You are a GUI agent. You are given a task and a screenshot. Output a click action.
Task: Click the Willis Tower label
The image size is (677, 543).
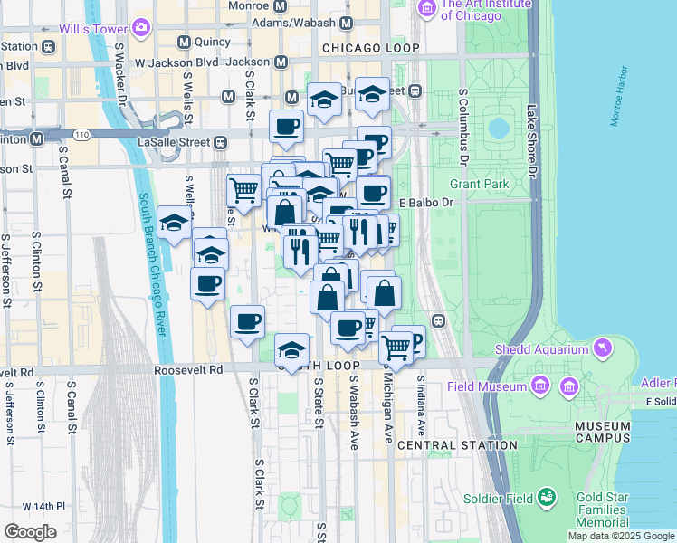click(92, 28)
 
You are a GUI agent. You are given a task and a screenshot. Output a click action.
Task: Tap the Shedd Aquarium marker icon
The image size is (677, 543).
click(601, 348)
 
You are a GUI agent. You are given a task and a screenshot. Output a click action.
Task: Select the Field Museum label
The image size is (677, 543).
click(487, 386)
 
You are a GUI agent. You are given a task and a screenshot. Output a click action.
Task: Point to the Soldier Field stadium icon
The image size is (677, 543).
click(546, 497)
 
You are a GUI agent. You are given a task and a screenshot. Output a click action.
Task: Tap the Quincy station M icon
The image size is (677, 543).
click(184, 42)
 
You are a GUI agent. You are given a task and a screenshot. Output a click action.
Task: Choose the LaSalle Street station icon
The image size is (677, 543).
click(220, 142)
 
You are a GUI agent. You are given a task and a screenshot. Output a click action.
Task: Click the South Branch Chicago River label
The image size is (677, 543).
click(153, 263)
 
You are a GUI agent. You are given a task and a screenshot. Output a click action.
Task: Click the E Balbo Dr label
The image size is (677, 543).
click(424, 202)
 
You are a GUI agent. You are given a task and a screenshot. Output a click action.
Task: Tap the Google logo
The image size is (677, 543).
click(30, 531)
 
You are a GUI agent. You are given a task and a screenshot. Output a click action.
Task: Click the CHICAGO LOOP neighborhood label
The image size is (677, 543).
click(371, 47)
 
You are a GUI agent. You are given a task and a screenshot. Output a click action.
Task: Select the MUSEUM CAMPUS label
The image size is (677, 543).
click(602, 432)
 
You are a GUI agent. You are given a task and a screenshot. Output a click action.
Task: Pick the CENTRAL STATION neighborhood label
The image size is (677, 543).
click(457, 445)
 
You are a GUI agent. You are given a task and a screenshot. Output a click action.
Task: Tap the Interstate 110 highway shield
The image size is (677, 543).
click(82, 135)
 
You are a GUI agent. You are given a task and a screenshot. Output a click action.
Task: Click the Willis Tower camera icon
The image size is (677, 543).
click(140, 27)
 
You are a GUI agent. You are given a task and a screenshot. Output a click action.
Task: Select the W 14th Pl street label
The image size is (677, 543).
click(45, 505)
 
